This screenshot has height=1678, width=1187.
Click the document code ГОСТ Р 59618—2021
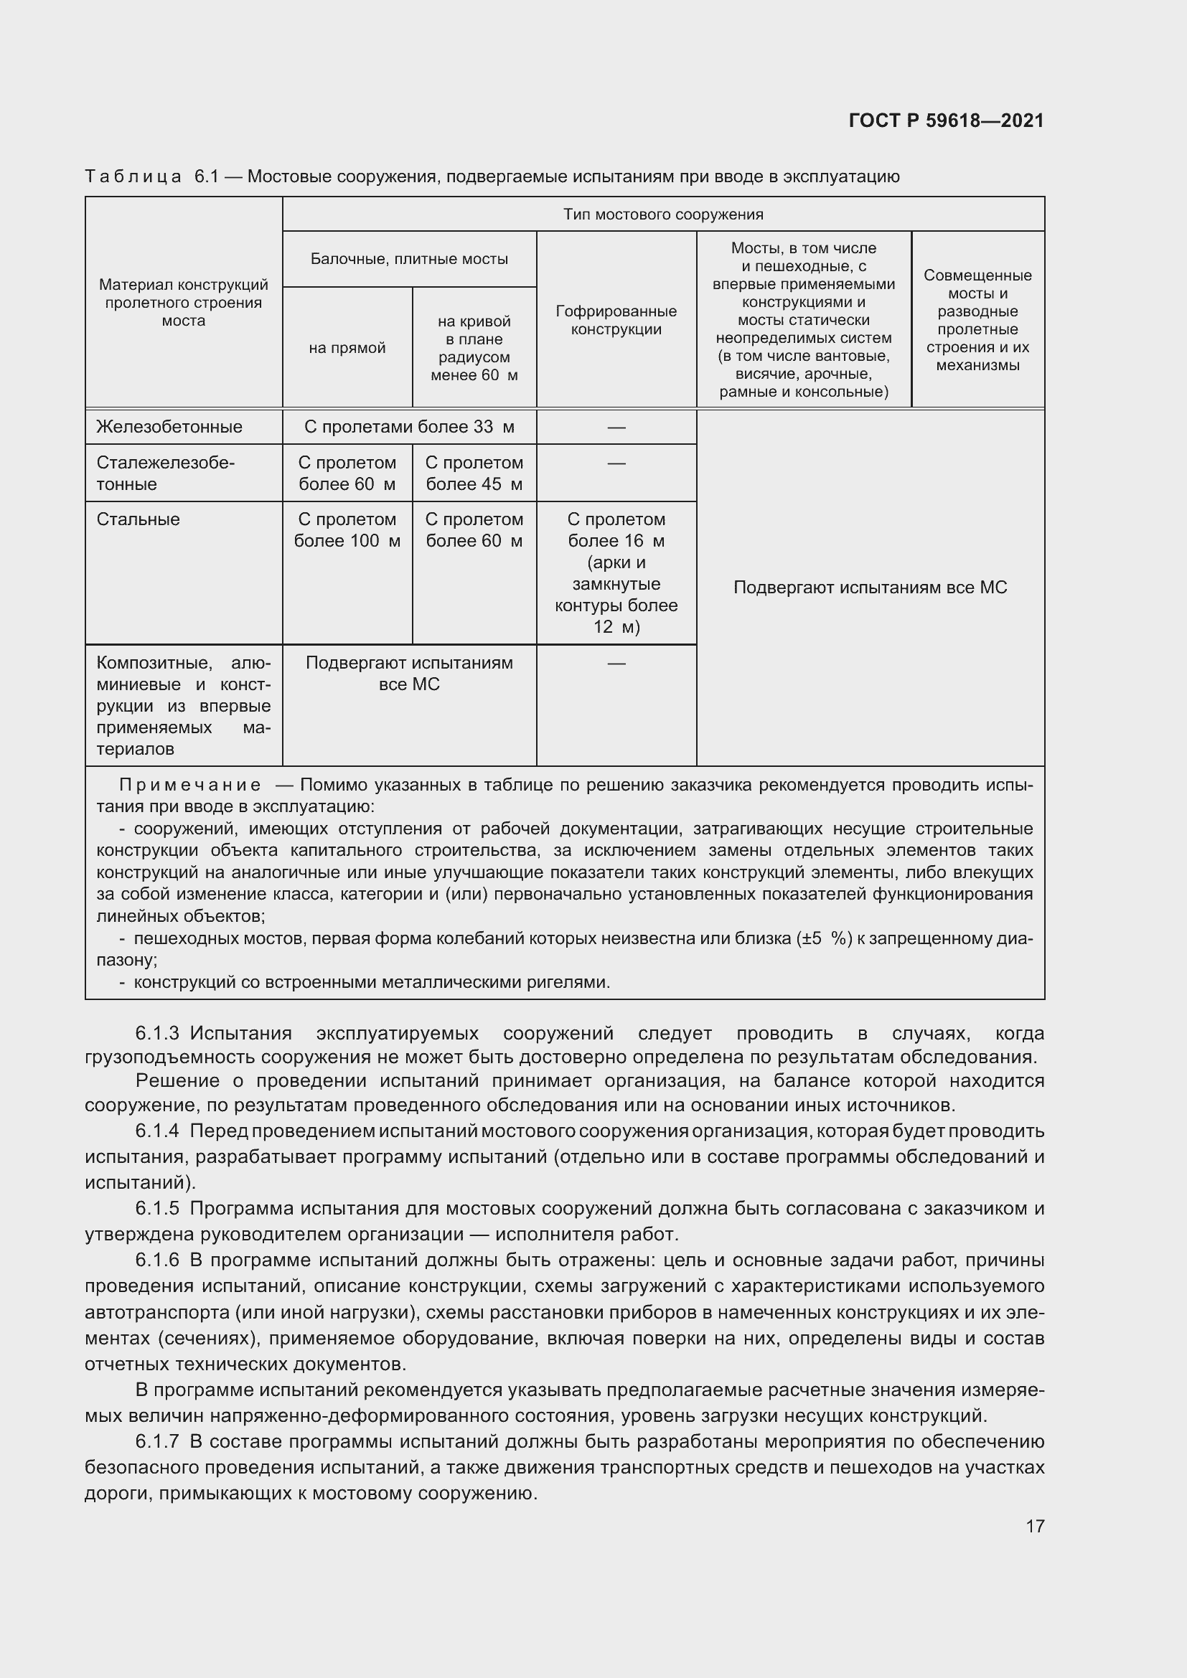(946, 121)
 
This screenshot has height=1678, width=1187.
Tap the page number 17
(1034, 1526)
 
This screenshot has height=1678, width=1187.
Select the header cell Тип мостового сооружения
(662, 214)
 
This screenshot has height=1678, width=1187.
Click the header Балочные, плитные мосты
(408, 259)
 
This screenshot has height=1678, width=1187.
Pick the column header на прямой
(347, 348)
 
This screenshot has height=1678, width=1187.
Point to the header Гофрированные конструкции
(616, 320)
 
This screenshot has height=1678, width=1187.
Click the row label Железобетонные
(169, 427)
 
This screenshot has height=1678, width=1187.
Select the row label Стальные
(137, 519)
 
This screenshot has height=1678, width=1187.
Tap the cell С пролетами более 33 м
(408, 427)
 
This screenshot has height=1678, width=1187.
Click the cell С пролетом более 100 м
(347, 530)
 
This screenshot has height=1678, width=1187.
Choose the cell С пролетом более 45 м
(474, 473)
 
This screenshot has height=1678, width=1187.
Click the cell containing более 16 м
(616, 541)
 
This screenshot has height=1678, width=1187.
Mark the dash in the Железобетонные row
(616, 427)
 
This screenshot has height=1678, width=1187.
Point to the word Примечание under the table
(189, 786)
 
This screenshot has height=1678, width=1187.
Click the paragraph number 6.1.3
(157, 1033)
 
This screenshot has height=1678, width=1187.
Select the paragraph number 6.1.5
(157, 1208)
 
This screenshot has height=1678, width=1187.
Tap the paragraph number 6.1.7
(157, 1441)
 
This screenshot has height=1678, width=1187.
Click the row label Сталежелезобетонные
(164, 473)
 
